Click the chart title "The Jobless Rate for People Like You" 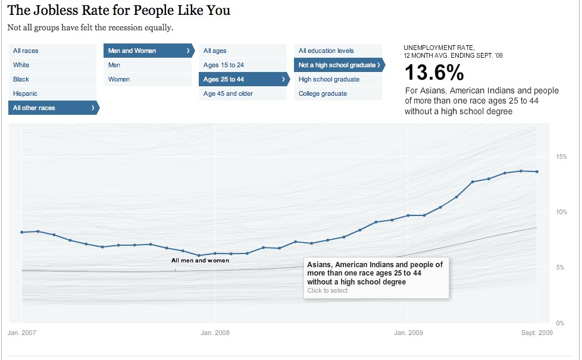tap(118, 10)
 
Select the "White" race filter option tap(21, 65)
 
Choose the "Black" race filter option tap(21, 79)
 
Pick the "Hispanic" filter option tap(25, 93)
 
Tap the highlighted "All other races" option tap(35, 108)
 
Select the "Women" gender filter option tap(119, 79)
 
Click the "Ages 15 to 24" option tap(224, 65)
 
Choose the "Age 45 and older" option tap(228, 93)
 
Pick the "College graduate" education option tap(323, 93)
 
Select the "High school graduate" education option tap(329, 79)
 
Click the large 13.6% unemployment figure tap(434, 73)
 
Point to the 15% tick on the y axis tap(561, 156)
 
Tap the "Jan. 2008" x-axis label tap(215, 333)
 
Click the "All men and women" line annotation tap(200, 260)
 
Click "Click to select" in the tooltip tap(327, 290)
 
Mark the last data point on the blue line tap(537, 172)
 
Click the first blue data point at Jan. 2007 tap(22, 232)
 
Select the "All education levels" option tap(326, 51)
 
